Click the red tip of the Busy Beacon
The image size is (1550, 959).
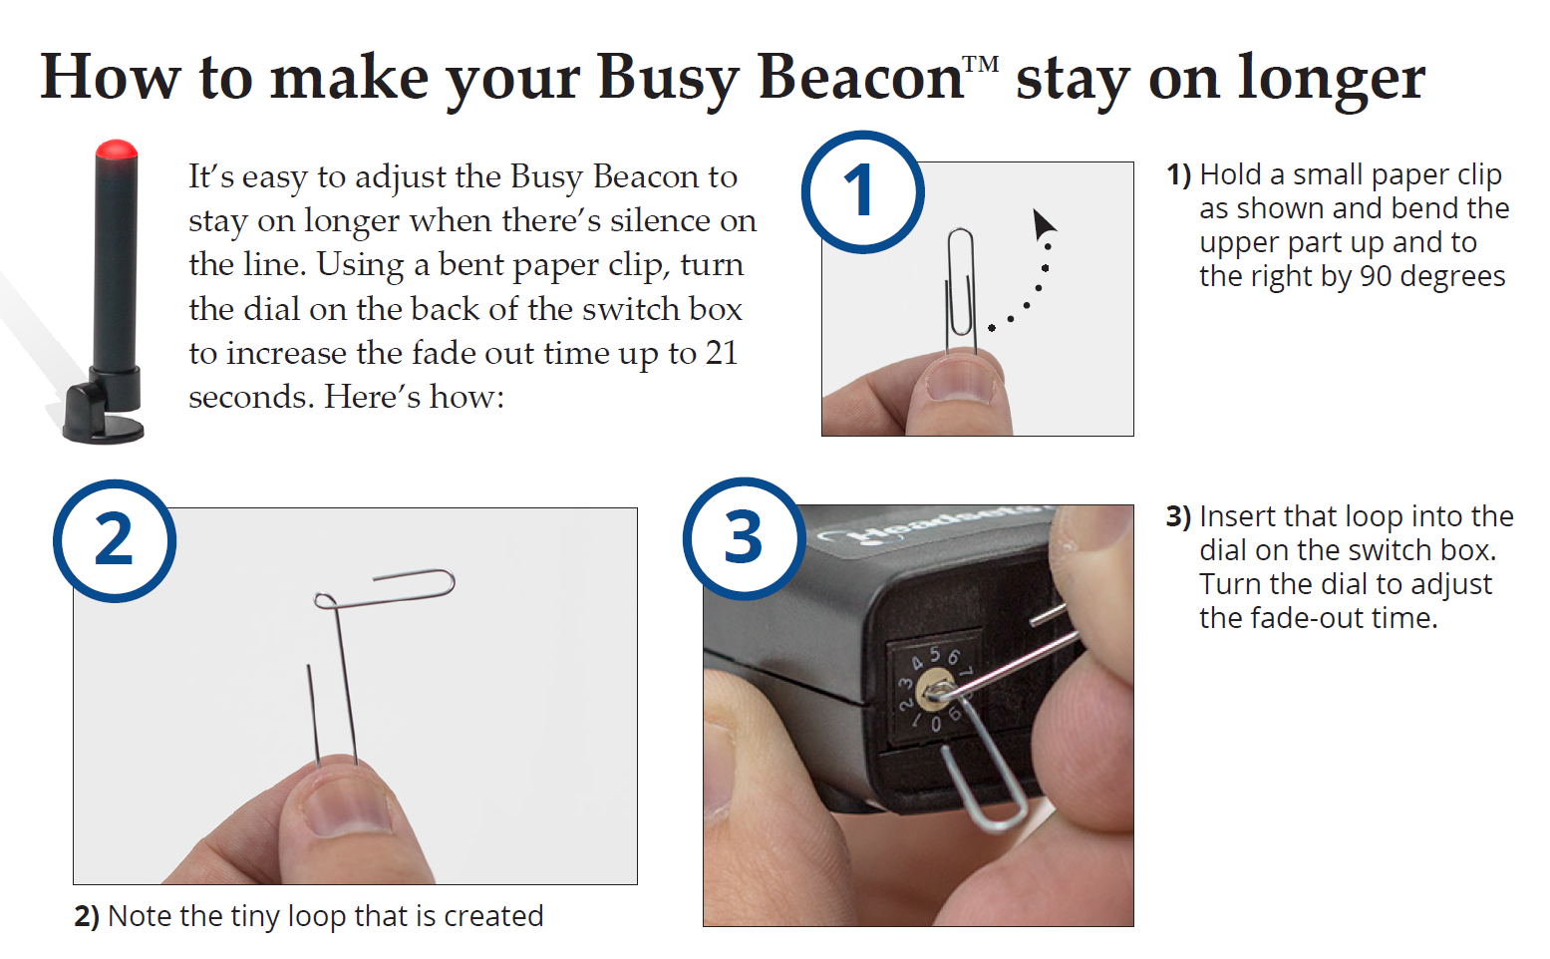point(117,150)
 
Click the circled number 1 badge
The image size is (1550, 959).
point(863,191)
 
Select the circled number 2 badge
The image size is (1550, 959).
point(115,540)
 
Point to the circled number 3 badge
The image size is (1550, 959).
point(744,537)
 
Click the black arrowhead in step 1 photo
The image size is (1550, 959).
point(1044,224)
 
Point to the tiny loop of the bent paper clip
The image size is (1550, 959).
point(325,600)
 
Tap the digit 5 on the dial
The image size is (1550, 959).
point(935,654)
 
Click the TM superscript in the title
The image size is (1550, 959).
point(981,65)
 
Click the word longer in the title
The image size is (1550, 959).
point(1331,81)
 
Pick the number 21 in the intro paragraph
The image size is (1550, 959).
point(721,353)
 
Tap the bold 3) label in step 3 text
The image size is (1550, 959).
point(1178,516)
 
